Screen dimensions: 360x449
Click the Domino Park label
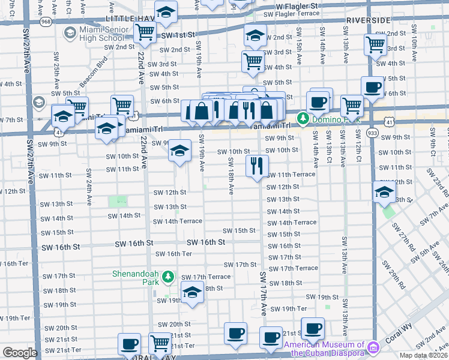pos(330,119)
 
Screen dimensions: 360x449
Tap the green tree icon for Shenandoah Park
pos(169,277)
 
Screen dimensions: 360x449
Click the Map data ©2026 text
pos(424,355)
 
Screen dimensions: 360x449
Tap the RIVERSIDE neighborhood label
pos(368,20)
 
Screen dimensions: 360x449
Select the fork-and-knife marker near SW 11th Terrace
pos(257,166)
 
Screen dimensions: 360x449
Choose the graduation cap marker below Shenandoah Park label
pos(192,293)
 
